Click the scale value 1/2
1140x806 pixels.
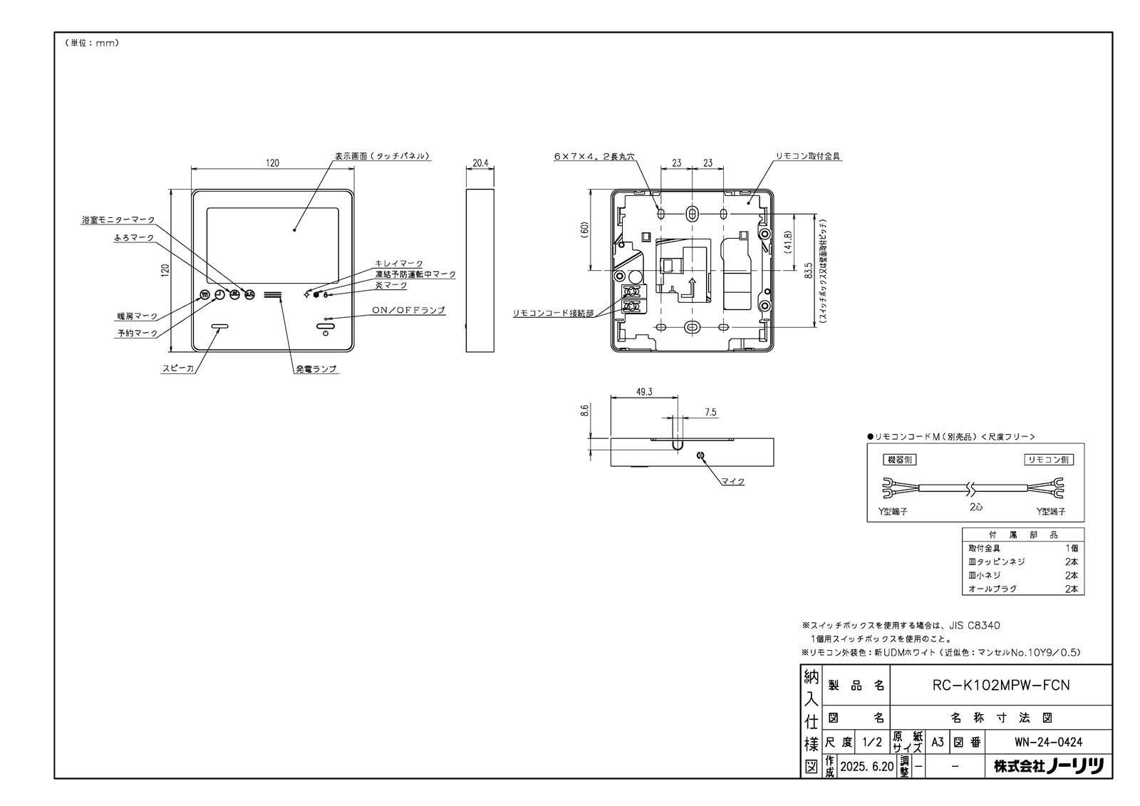coord(871,742)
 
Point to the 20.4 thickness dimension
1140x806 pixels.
coord(480,162)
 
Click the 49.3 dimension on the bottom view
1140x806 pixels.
coord(644,391)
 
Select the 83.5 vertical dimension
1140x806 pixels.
coord(808,272)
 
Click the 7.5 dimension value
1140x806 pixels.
coord(710,412)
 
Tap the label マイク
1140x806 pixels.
coord(732,482)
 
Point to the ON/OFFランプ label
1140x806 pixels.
coord(408,310)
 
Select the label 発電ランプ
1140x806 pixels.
coord(316,369)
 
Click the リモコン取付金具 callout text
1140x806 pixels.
coord(809,156)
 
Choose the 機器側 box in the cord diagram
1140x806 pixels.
coord(898,460)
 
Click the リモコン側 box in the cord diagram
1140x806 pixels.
coord(1049,460)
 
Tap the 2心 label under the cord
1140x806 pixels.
coord(975,507)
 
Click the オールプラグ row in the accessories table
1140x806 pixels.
coord(993,589)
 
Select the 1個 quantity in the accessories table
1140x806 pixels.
coord(1071,548)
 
